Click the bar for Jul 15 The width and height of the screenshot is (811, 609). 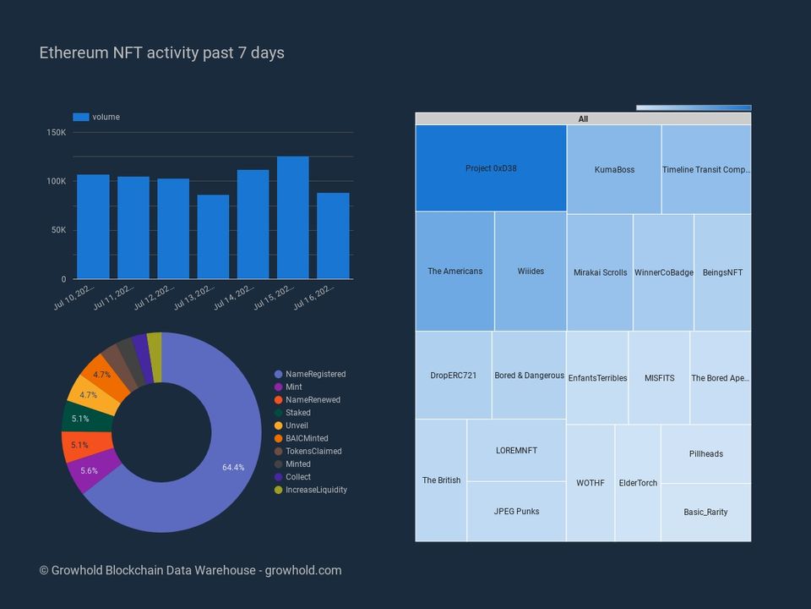click(x=293, y=217)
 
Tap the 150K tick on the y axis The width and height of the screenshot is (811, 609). click(x=57, y=133)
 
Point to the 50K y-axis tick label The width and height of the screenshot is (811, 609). click(x=58, y=230)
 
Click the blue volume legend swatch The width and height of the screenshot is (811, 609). click(x=81, y=117)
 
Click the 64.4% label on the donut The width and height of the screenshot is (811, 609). click(x=233, y=468)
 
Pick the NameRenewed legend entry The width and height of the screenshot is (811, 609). click(x=313, y=400)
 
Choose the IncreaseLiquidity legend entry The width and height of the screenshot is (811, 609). click(x=316, y=490)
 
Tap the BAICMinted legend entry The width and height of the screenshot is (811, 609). click(x=307, y=438)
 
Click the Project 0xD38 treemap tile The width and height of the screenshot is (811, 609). click(x=491, y=168)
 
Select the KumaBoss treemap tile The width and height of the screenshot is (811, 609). click(x=614, y=169)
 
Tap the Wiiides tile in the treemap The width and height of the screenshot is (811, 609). click(x=531, y=272)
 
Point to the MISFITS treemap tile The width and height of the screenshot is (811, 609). click(x=659, y=378)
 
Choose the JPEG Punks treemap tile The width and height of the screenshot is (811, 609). click(x=516, y=511)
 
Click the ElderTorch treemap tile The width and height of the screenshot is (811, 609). click(x=638, y=483)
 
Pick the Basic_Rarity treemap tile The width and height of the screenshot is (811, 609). click(x=705, y=512)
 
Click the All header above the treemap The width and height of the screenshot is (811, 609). click(x=583, y=119)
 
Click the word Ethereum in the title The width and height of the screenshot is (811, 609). click(x=74, y=52)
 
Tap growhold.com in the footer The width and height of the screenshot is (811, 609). click(x=303, y=570)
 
